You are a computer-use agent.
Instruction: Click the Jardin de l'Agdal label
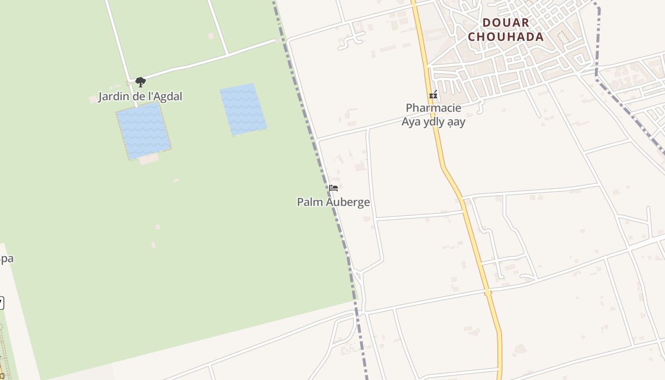pyautogui.click(x=140, y=96)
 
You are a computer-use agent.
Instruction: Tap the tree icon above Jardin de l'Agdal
pyautogui.click(x=140, y=82)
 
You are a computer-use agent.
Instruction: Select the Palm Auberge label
pyautogui.click(x=333, y=202)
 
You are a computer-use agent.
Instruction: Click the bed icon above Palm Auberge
pyautogui.click(x=333, y=188)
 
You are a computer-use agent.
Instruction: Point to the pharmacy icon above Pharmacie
pyautogui.click(x=433, y=95)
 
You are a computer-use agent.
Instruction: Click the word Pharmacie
pyautogui.click(x=433, y=108)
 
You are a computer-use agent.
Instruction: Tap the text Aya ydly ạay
pyautogui.click(x=433, y=122)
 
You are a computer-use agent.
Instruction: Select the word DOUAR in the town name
pyautogui.click(x=505, y=22)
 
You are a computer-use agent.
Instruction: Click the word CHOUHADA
pyautogui.click(x=505, y=37)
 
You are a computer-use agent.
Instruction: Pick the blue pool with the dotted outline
pyautogui.click(x=143, y=130)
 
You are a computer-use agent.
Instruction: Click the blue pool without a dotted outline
pyautogui.click(x=243, y=109)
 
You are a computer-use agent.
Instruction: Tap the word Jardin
pyautogui.click(x=113, y=96)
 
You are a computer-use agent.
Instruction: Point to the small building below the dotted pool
pyautogui.click(x=149, y=159)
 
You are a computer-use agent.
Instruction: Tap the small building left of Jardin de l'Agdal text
pyautogui.click(x=93, y=99)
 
